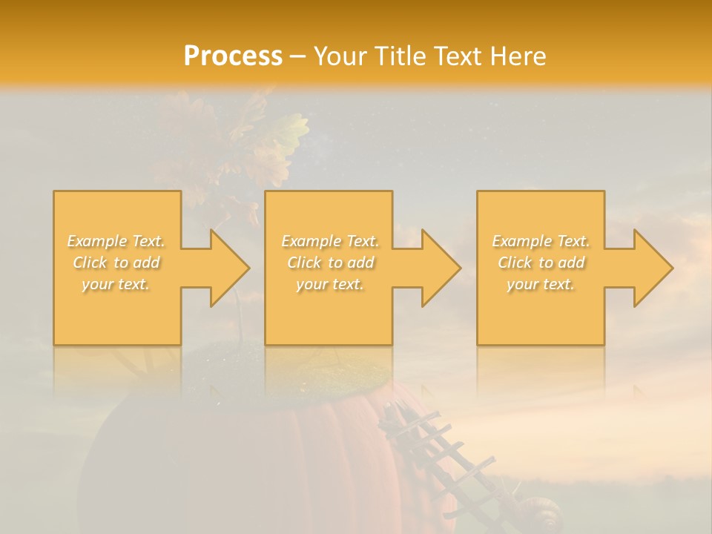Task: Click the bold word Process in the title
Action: coord(233,56)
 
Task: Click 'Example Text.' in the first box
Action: coord(116,241)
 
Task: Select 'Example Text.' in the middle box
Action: coord(330,241)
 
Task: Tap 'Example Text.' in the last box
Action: coord(541,241)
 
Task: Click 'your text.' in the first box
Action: coord(116,284)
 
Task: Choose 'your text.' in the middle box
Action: coord(330,284)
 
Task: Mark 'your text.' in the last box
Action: coord(541,284)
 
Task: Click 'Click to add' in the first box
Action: coord(116,263)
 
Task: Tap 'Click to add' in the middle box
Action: coord(330,263)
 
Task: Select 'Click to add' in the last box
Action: coord(541,263)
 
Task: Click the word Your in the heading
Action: coord(342,56)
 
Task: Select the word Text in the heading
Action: coord(460,56)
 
